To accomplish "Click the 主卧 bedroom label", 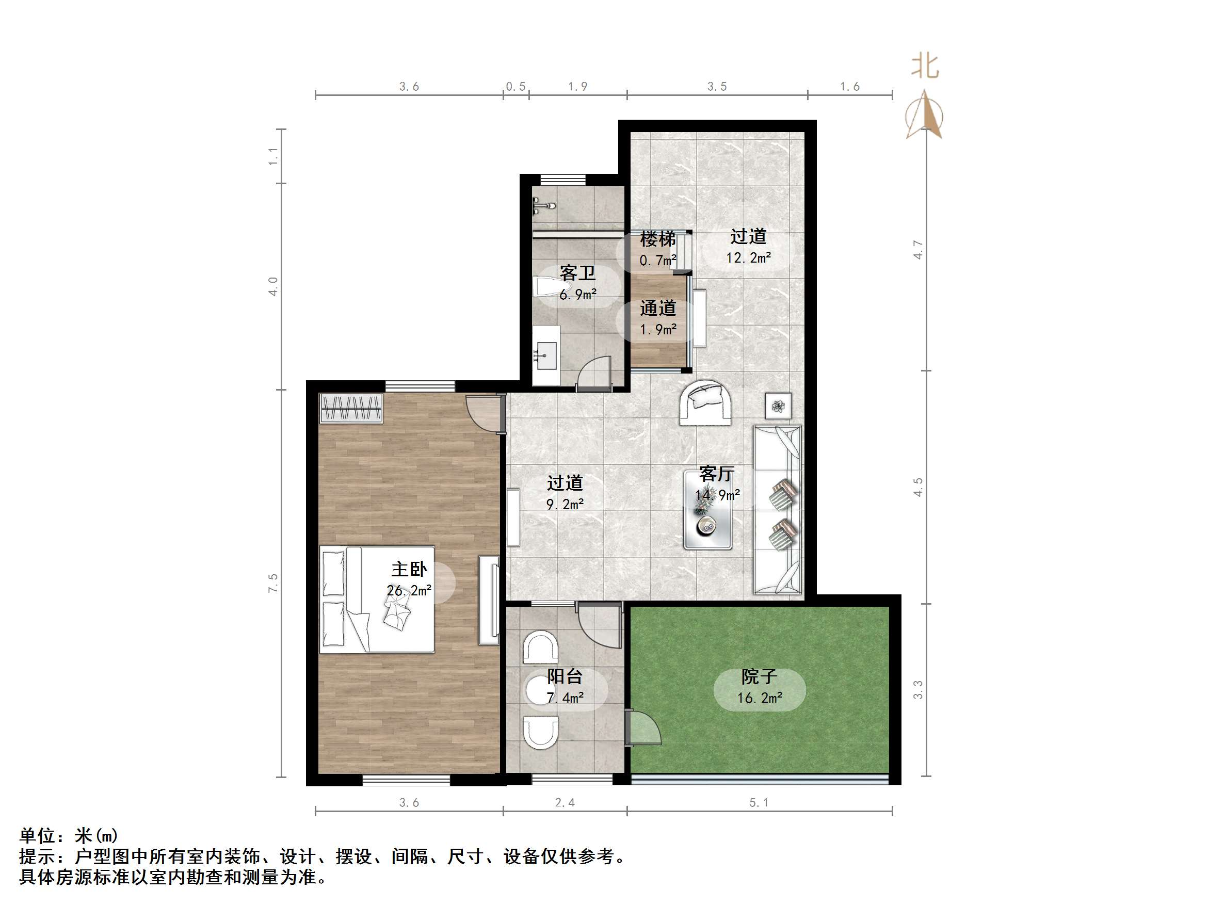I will coord(409,570).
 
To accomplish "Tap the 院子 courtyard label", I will coord(759,677).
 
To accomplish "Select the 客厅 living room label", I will coord(717,474).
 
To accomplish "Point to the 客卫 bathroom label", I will coord(577,273).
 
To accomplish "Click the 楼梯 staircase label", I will coord(657,239).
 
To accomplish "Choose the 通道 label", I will coord(657,309).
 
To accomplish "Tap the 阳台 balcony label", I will coord(565,677).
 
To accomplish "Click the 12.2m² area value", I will coord(748,258).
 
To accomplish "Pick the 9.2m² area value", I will coord(565,504).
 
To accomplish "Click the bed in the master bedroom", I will coord(377,599).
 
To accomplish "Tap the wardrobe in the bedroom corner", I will coord(351,408).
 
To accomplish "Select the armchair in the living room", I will coord(705,403).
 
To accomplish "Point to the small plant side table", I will coord(778,406).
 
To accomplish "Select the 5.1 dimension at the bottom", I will coord(759,802).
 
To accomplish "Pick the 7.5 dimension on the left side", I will coord(273,583).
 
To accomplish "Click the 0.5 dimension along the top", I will coord(516,86).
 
